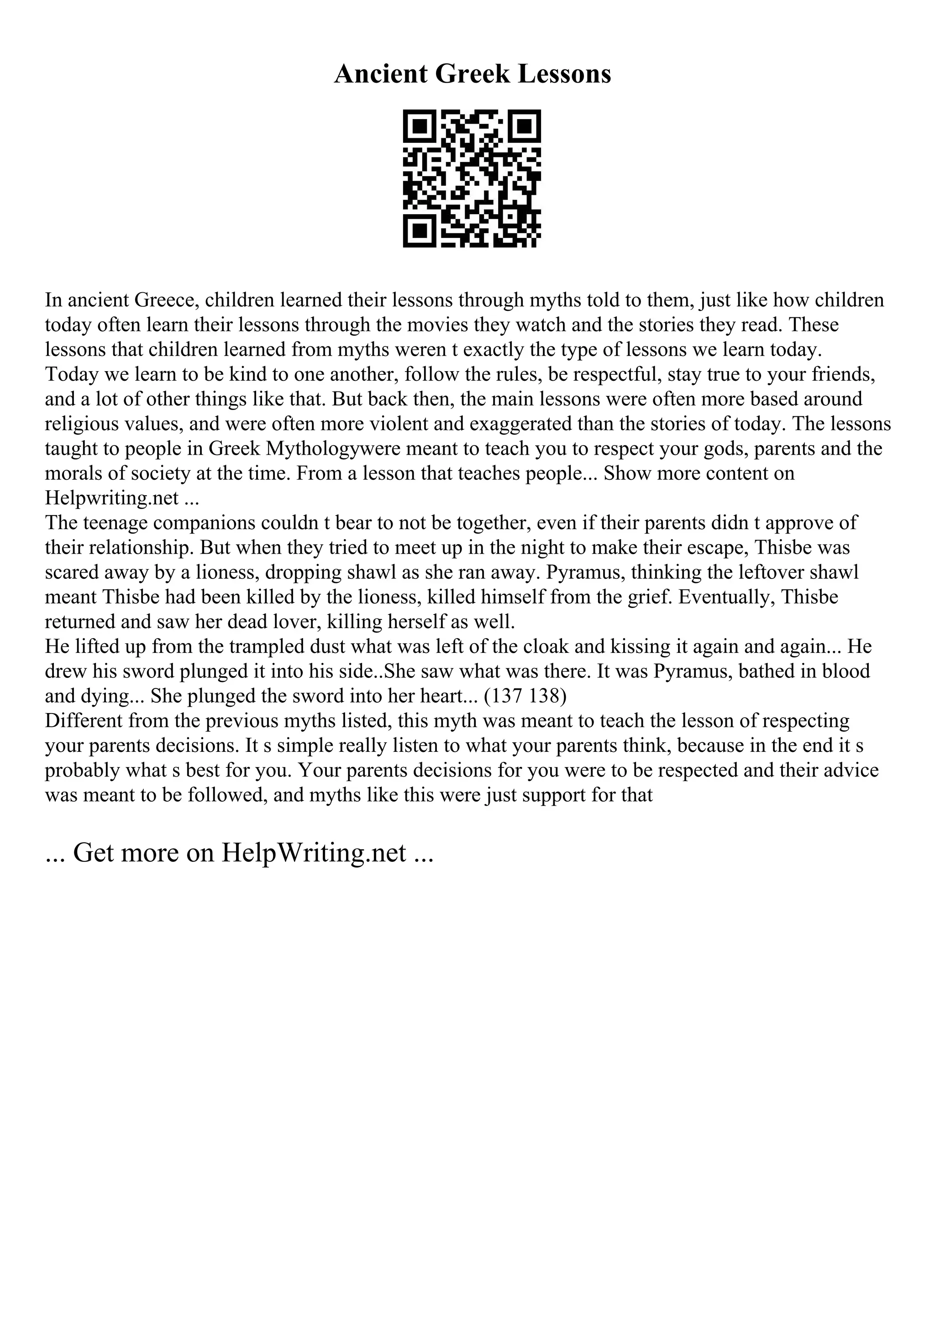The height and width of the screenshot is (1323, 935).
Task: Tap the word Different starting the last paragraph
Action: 84,721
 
